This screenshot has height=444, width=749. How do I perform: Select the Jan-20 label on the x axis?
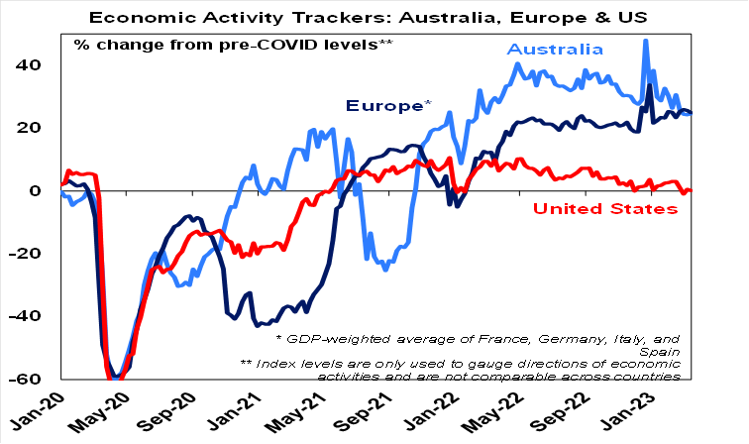click(x=37, y=413)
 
